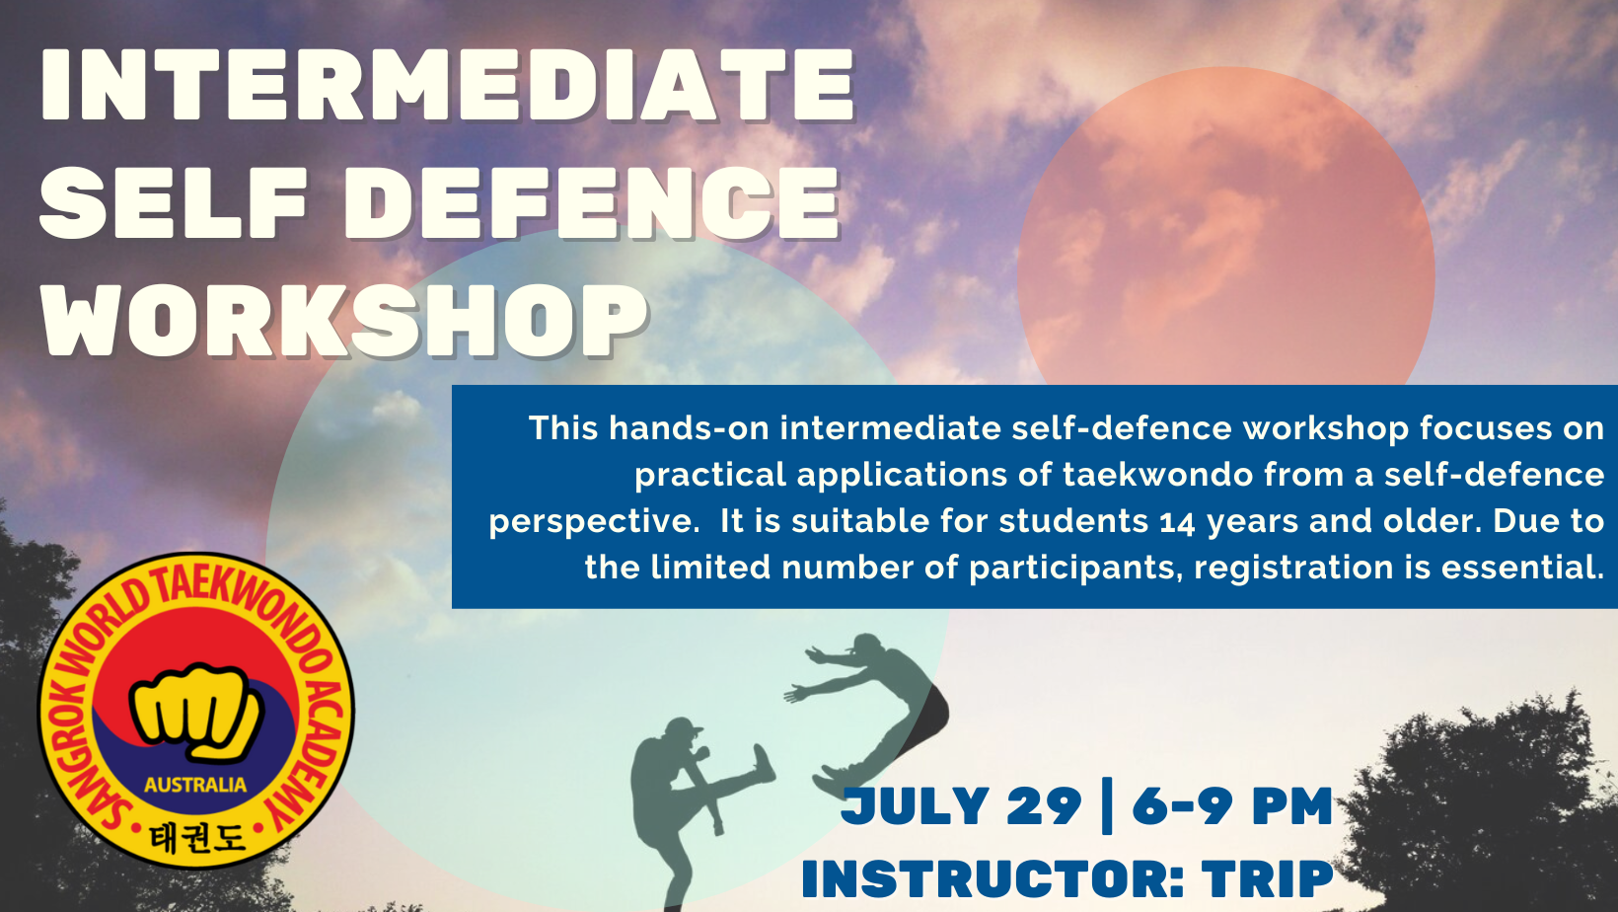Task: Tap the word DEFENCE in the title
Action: (x=592, y=203)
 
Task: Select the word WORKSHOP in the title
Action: (x=343, y=320)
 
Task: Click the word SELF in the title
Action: (x=174, y=203)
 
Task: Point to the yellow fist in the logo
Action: (x=195, y=712)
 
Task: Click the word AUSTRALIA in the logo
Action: (x=195, y=785)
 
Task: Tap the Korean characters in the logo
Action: (x=196, y=838)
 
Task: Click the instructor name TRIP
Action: (x=1267, y=878)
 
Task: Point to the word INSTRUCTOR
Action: (x=993, y=878)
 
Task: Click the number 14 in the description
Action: (x=1178, y=523)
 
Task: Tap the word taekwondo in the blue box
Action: (x=1158, y=475)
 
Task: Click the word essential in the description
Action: (x=1522, y=568)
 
